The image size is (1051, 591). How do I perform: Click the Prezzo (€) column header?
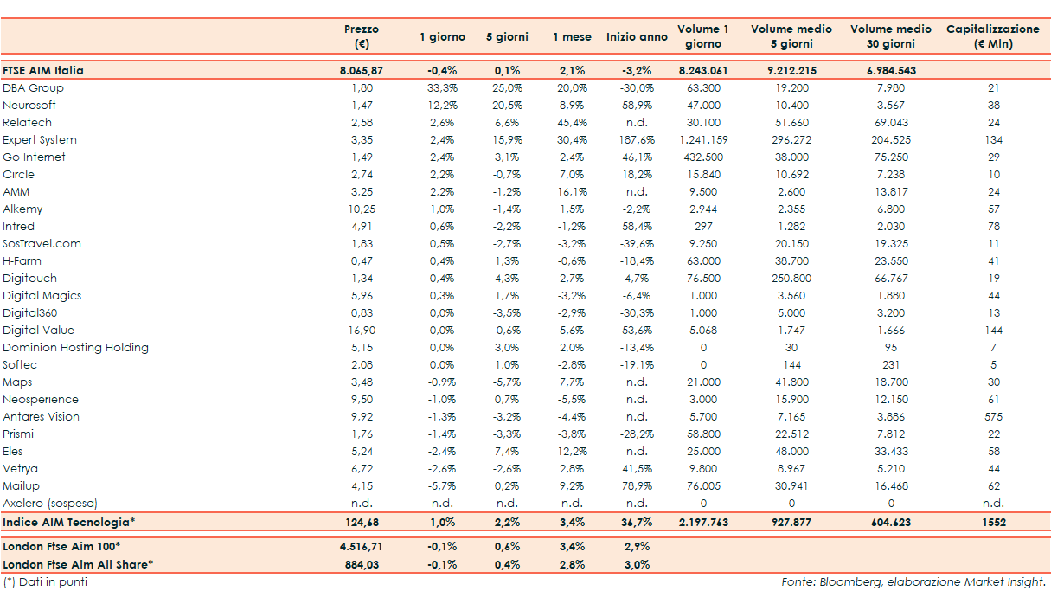pos(361,36)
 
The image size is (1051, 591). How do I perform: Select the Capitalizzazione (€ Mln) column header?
pos(992,36)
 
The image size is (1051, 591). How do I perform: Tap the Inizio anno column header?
pos(637,37)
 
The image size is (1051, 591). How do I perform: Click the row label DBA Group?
pos(33,88)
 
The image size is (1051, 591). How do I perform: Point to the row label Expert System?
pos(40,140)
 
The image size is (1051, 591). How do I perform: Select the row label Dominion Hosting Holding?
pos(75,348)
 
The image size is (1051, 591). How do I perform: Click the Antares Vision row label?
pos(41,417)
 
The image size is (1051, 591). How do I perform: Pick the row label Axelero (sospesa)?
pos(50,504)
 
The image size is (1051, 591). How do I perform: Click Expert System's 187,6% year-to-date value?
pos(637,140)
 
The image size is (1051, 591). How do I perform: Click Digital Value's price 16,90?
pos(361,331)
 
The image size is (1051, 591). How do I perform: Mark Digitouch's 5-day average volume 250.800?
pos(791,279)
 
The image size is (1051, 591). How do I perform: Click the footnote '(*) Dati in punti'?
pos(45,582)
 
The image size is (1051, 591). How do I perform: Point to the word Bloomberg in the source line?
pos(851,582)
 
